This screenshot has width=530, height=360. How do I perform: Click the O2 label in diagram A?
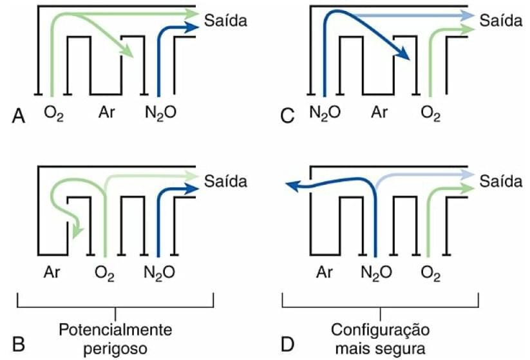point(53,113)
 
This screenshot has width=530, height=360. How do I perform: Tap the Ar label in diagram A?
point(107,112)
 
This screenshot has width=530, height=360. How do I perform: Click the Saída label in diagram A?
point(225,21)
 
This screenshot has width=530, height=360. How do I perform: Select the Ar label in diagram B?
point(54,273)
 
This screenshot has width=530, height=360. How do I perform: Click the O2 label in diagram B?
point(104,274)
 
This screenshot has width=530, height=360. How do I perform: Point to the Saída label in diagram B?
point(225,181)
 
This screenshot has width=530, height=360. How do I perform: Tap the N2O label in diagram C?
point(326,113)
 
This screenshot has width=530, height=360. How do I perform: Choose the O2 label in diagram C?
point(431,113)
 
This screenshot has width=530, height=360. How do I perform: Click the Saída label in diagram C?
point(500,21)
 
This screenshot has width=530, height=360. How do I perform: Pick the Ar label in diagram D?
point(326,273)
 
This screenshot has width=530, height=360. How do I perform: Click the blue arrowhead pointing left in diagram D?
point(293,185)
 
